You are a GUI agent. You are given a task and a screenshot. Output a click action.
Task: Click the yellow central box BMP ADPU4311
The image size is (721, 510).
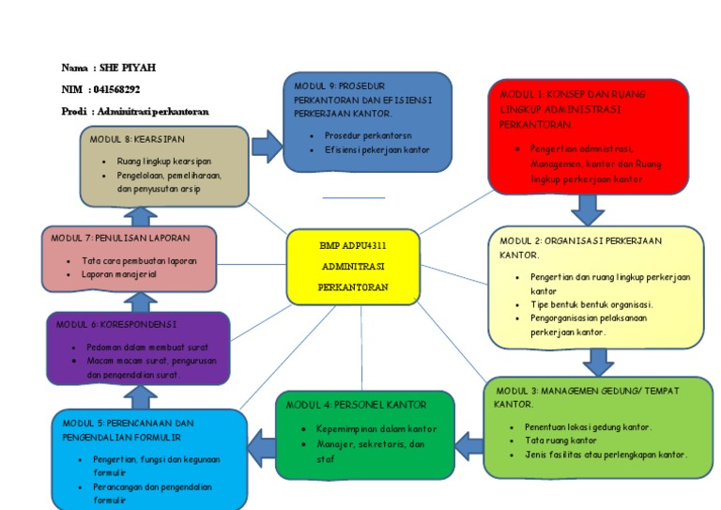pos(352,267)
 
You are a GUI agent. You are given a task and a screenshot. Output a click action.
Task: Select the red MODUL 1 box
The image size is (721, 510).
pos(588,136)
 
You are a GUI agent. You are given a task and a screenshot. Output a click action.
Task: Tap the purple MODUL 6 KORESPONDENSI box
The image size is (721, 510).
pos(138,348)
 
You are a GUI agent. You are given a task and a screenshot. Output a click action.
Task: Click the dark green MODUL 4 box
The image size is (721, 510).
pos(366,433)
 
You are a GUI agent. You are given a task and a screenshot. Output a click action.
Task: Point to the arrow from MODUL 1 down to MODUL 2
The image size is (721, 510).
pos(588,209)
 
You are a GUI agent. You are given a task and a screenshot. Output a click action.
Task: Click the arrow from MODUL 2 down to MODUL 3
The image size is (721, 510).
pos(597,362)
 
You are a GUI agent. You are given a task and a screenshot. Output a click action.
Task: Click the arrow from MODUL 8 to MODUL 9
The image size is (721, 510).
pos(267,146)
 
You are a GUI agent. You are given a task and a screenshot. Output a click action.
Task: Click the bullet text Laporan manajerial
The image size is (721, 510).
pos(118,274)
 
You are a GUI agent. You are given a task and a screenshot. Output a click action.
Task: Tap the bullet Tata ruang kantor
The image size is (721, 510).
pos(560,440)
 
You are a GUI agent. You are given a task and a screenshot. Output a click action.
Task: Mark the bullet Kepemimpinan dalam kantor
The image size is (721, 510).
pos(370,429)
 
